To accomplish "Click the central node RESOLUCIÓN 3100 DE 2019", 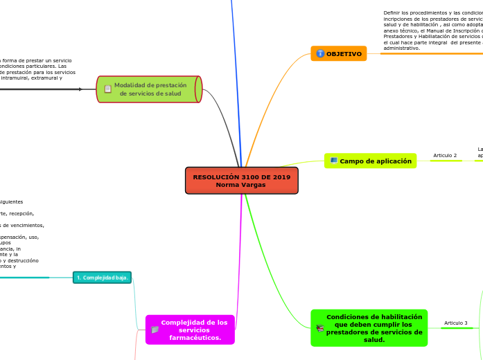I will pyautogui.click(x=241, y=177).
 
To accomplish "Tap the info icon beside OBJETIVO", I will pyautogui.click(x=320, y=53).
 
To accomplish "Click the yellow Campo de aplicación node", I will pyautogui.click(x=370, y=161).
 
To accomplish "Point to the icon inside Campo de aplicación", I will pyautogui.click(x=334, y=161).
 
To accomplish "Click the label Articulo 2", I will pyautogui.click(x=445, y=156).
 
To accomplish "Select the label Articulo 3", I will pyautogui.click(x=456, y=323).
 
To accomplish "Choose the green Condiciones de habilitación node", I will pyautogui.click(x=369, y=328).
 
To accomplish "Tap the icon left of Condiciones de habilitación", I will pyautogui.click(x=320, y=328).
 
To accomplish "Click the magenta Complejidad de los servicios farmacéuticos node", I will pyautogui.click(x=190, y=330).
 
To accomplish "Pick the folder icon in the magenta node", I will pyautogui.click(x=155, y=330).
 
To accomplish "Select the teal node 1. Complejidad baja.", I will pyautogui.click(x=102, y=278).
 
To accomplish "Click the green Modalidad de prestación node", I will pyautogui.click(x=149, y=89).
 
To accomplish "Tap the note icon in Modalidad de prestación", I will pyautogui.click(x=107, y=89).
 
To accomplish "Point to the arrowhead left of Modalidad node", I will pyautogui.click(x=80, y=89).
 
